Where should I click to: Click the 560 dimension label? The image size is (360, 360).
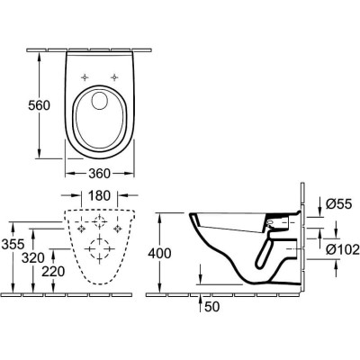[39, 105]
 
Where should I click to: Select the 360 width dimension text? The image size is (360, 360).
[100, 174]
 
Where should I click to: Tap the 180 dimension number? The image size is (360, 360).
[99, 195]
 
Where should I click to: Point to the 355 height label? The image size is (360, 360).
[13, 244]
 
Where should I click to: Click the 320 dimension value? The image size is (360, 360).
[33, 258]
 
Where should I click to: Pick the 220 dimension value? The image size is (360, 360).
[53, 272]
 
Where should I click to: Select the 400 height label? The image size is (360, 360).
[160, 254]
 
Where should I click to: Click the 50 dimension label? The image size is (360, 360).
[212, 307]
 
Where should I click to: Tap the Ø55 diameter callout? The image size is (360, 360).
[338, 204]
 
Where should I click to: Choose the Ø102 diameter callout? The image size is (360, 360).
[343, 249]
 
